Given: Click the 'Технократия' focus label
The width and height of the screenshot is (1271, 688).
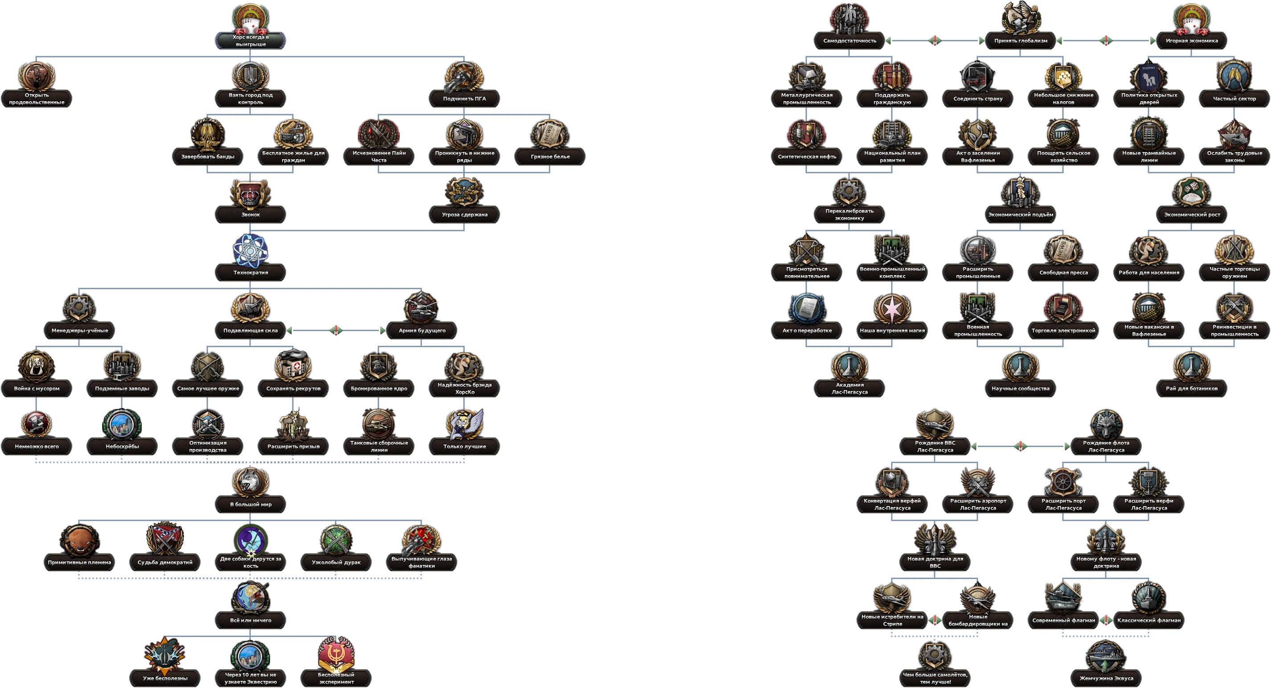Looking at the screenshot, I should (x=250, y=272).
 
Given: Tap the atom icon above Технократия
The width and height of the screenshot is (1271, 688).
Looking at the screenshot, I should (x=250, y=251).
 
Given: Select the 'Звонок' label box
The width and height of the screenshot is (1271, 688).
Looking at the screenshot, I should (x=250, y=214).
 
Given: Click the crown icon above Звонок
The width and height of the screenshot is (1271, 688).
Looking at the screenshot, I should (x=250, y=193).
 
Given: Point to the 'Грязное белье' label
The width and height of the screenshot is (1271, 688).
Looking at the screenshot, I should (x=550, y=157).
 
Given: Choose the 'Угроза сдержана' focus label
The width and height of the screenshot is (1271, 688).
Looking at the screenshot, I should (x=464, y=214).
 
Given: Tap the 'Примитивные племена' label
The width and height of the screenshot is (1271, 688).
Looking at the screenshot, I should (x=79, y=562).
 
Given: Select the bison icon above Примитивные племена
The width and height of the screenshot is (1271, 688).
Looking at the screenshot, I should (x=79, y=541).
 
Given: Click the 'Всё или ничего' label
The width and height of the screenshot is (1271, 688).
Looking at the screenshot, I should (x=250, y=620).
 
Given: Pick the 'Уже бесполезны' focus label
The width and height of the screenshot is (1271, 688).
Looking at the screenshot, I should (x=165, y=678).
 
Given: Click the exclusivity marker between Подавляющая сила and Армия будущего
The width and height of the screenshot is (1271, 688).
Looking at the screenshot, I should (x=336, y=330).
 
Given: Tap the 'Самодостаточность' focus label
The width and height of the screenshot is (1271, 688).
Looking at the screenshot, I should (x=849, y=41).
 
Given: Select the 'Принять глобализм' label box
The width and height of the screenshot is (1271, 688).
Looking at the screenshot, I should (x=1021, y=41).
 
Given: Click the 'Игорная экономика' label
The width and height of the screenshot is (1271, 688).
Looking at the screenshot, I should (x=1192, y=41).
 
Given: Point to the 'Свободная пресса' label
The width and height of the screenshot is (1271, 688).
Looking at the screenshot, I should (x=1063, y=272).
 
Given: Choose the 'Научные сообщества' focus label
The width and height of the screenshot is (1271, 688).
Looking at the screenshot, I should (x=1021, y=388).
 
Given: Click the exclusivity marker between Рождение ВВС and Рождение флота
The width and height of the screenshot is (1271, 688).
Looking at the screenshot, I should (x=1021, y=446).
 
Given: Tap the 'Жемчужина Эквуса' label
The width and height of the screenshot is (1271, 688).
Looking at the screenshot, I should (x=1106, y=678).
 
